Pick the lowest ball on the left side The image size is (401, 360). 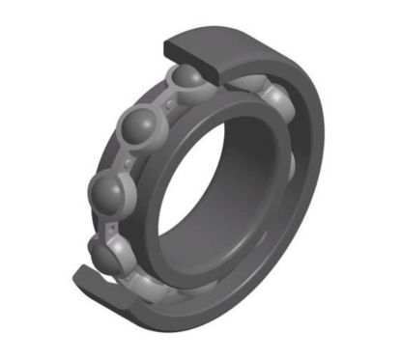tap(106, 253)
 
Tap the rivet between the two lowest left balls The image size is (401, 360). tap(108, 224)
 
